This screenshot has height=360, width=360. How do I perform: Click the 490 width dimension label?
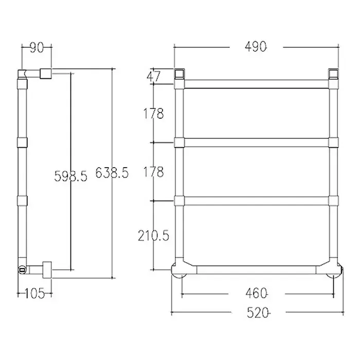[256, 47]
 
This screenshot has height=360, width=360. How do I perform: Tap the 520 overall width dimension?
[258, 313]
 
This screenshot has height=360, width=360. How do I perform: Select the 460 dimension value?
[256, 294]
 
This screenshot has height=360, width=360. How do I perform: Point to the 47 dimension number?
[154, 77]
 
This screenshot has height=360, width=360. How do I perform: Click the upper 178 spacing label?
[154, 113]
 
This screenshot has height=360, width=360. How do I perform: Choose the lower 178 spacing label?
[154, 172]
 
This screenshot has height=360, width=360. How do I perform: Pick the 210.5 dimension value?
[153, 236]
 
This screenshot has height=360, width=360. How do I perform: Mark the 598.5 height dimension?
[71, 176]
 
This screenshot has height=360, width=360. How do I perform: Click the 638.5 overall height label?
[112, 173]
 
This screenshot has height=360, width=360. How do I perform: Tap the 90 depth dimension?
[37, 47]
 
